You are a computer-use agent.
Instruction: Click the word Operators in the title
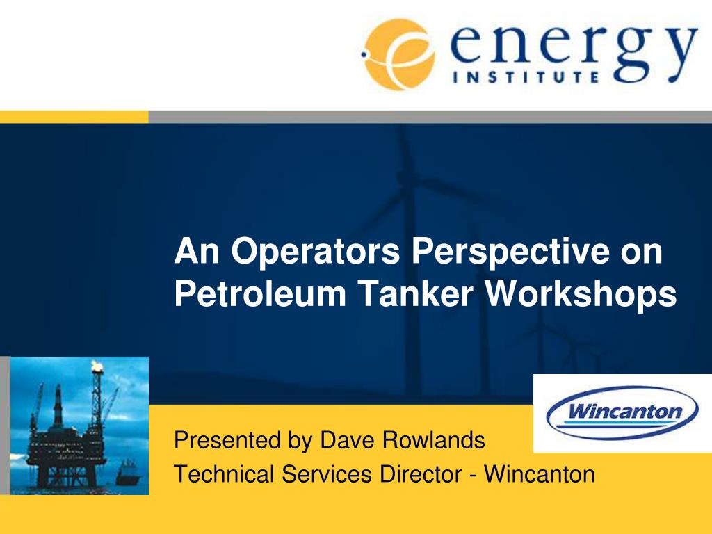click(315, 252)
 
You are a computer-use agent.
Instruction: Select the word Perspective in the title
click(510, 252)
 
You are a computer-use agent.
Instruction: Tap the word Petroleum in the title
click(260, 293)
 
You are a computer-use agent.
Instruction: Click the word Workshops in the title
click(581, 294)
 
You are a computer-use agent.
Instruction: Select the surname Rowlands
click(433, 440)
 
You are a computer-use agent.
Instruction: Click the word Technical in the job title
click(224, 474)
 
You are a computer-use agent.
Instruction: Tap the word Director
click(421, 474)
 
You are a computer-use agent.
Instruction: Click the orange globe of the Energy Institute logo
click(398, 54)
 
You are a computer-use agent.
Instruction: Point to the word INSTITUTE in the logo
click(526, 76)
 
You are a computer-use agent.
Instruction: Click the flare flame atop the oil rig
click(97, 366)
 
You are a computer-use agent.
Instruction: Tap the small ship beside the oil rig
click(128, 472)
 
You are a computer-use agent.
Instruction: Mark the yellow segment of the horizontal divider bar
click(74, 117)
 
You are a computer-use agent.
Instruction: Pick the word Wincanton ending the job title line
click(540, 474)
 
